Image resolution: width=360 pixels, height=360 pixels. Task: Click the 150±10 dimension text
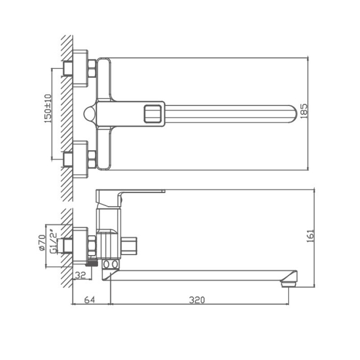point(48,108)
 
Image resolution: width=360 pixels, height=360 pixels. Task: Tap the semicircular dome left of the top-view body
point(90,113)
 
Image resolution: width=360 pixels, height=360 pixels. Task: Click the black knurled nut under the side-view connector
point(92,263)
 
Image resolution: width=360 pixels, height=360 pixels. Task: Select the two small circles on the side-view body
point(111,264)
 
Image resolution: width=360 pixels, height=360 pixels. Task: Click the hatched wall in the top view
point(67,112)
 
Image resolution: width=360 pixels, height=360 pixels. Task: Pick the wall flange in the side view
point(80,245)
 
